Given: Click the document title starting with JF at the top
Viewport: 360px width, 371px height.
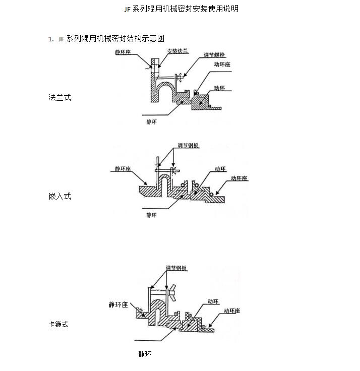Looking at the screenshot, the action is (x=182, y=9).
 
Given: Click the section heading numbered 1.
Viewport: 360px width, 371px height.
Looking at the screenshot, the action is (x=106, y=38).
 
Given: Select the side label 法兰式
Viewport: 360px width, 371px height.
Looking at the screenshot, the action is (x=59, y=97).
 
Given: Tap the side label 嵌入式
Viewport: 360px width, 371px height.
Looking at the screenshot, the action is (x=59, y=196).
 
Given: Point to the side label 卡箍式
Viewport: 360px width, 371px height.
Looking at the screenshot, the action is (x=58, y=324).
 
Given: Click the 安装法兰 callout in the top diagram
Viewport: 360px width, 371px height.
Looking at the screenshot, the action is (x=177, y=51).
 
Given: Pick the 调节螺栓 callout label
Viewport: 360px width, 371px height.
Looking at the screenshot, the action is (x=214, y=54).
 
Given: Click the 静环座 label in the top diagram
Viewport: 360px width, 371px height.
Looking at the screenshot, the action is (x=123, y=52).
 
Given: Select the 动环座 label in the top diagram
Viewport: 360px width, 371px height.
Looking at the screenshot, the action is (x=222, y=64).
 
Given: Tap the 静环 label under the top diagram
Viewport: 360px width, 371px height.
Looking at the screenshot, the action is (x=151, y=122).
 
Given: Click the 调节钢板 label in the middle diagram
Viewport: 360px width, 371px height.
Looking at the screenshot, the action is (x=188, y=145).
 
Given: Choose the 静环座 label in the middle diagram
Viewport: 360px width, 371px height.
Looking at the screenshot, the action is (x=123, y=169).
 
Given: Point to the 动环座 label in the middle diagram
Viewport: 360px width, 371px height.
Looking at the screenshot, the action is (x=239, y=178).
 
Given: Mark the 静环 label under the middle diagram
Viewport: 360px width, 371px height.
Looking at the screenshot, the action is (x=151, y=215).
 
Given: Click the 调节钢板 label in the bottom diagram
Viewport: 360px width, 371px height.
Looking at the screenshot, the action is (x=176, y=268).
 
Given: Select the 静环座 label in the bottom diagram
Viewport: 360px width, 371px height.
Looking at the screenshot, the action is (x=118, y=304).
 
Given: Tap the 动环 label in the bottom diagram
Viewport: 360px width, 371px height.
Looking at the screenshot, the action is (x=213, y=301).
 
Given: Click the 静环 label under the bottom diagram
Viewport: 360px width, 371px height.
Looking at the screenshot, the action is (x=145, y=354).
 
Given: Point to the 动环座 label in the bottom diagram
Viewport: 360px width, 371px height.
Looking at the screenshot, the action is (x=232, y=311).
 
